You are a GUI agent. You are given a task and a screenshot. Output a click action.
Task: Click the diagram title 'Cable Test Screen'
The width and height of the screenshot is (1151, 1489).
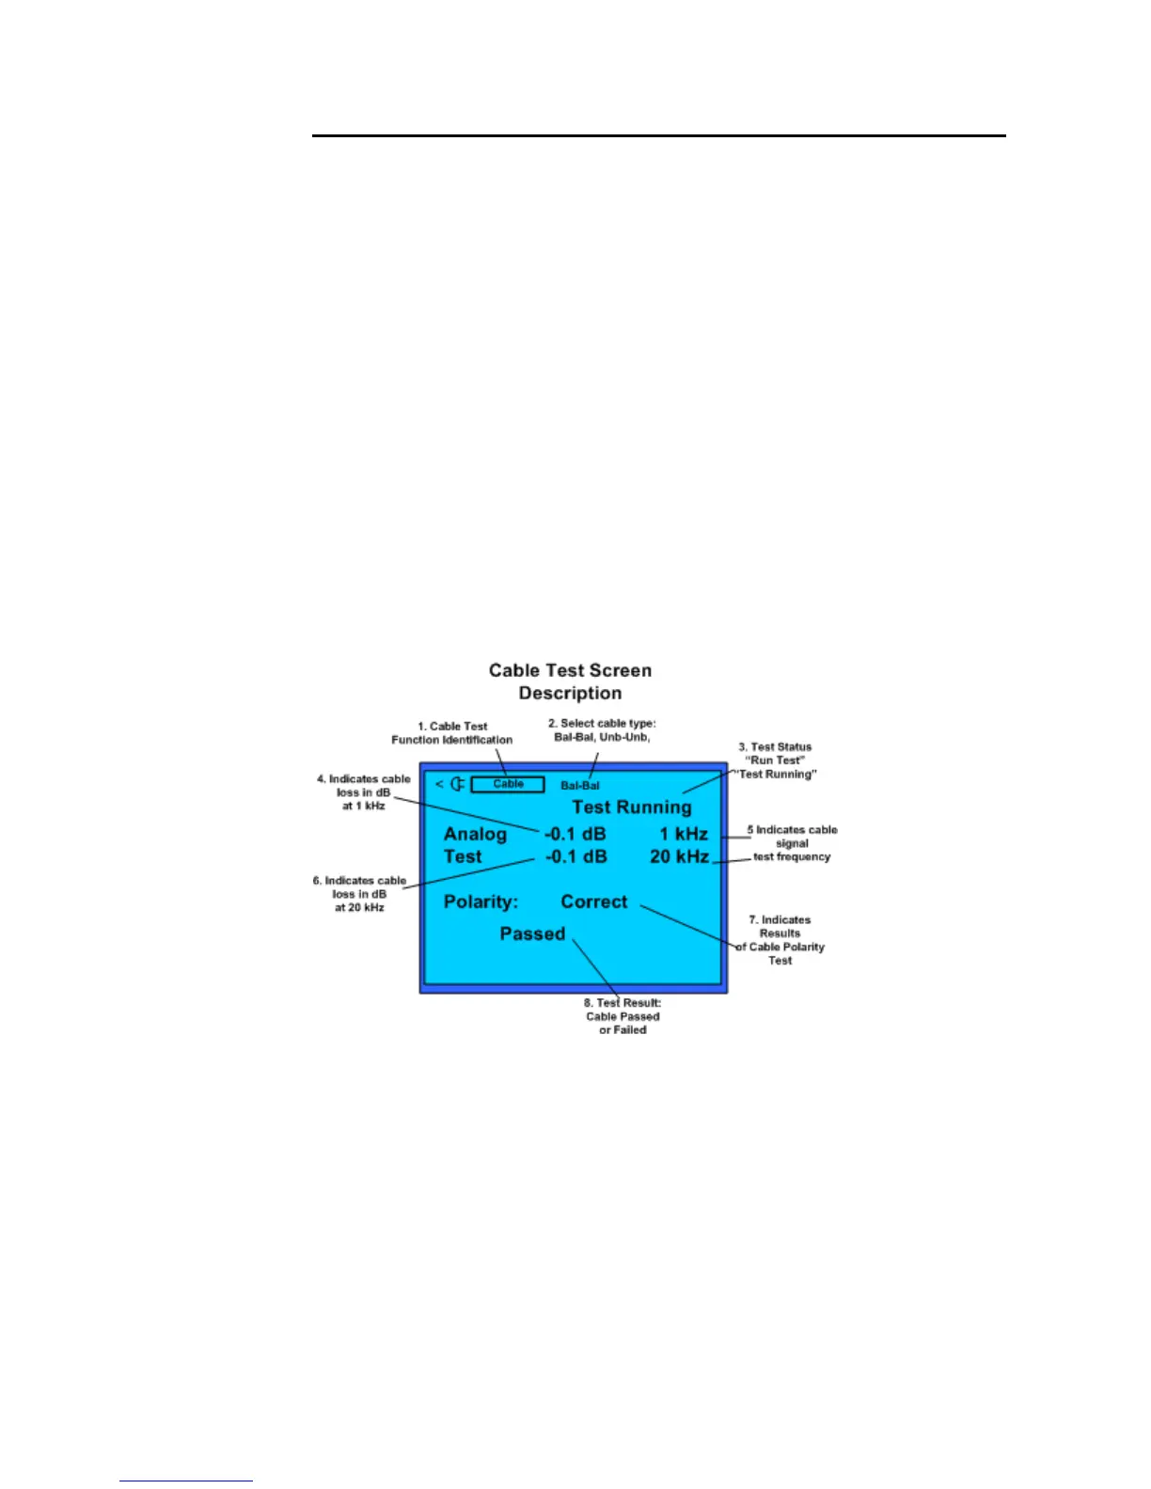click(x=570, y=670)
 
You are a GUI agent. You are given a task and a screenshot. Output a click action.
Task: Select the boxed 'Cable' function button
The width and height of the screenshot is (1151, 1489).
click(x=508, y=784)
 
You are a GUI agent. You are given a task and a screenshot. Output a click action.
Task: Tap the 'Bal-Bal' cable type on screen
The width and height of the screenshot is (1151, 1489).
click(x=580, y=786)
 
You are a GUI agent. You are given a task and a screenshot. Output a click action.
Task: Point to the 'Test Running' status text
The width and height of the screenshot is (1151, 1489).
click(x=631, y=807)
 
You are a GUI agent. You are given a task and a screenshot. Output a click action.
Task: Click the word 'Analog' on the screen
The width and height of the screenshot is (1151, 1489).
click(x=475, y=834)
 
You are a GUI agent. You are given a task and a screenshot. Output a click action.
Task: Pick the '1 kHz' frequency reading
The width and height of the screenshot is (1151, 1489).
click(x=684, y=834)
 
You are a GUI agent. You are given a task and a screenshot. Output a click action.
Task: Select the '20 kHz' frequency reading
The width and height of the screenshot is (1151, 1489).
click(x=679, y=856)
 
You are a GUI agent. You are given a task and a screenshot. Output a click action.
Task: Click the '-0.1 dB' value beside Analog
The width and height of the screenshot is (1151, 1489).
click(x=575, y=834)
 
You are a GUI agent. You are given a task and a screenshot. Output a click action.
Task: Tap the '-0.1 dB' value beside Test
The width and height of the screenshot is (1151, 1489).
click(x=575, y=856)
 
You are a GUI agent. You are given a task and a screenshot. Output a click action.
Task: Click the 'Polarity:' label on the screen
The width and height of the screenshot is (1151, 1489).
click(x=481, y=901)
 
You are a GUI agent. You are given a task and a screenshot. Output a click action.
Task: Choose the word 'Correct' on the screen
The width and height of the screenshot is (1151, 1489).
click(x=593, y=901)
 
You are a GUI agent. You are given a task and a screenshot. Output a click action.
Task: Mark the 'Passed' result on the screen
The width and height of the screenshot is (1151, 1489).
click(x=532, y=933)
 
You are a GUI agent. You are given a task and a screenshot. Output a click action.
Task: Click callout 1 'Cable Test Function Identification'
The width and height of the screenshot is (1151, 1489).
click(x=452, y=733)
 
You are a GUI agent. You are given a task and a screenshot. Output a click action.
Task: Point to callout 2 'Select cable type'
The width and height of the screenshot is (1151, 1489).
click(x=602, y=730)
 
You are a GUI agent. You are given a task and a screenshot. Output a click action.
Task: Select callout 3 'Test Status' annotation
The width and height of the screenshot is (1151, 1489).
click(x=776, y=760)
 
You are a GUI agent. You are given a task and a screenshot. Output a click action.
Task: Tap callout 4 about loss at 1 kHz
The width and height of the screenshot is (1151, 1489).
click(x=364, y=792)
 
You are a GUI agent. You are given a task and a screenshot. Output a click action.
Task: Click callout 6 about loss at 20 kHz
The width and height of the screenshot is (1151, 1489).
click(x=359, y=894)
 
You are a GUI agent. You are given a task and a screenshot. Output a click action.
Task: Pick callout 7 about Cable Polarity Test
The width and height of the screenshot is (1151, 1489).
click(x=780, y=940)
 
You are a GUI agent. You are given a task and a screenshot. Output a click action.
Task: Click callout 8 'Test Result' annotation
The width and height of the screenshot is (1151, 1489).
click(x=623, y=1016)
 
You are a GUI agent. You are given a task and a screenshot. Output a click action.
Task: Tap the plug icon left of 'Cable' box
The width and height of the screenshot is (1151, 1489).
click(x=458, y=784)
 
